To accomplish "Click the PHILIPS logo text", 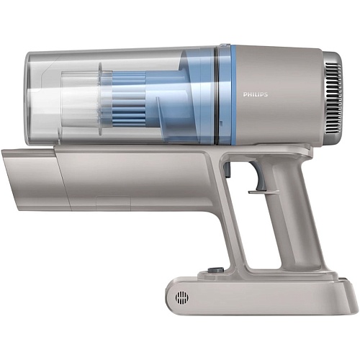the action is [256, 94].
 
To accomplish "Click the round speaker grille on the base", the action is [181, 297].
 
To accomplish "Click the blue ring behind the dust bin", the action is [233, 95].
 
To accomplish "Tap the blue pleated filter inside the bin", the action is [129, 99].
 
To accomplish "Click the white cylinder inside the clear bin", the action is [80, 99].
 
